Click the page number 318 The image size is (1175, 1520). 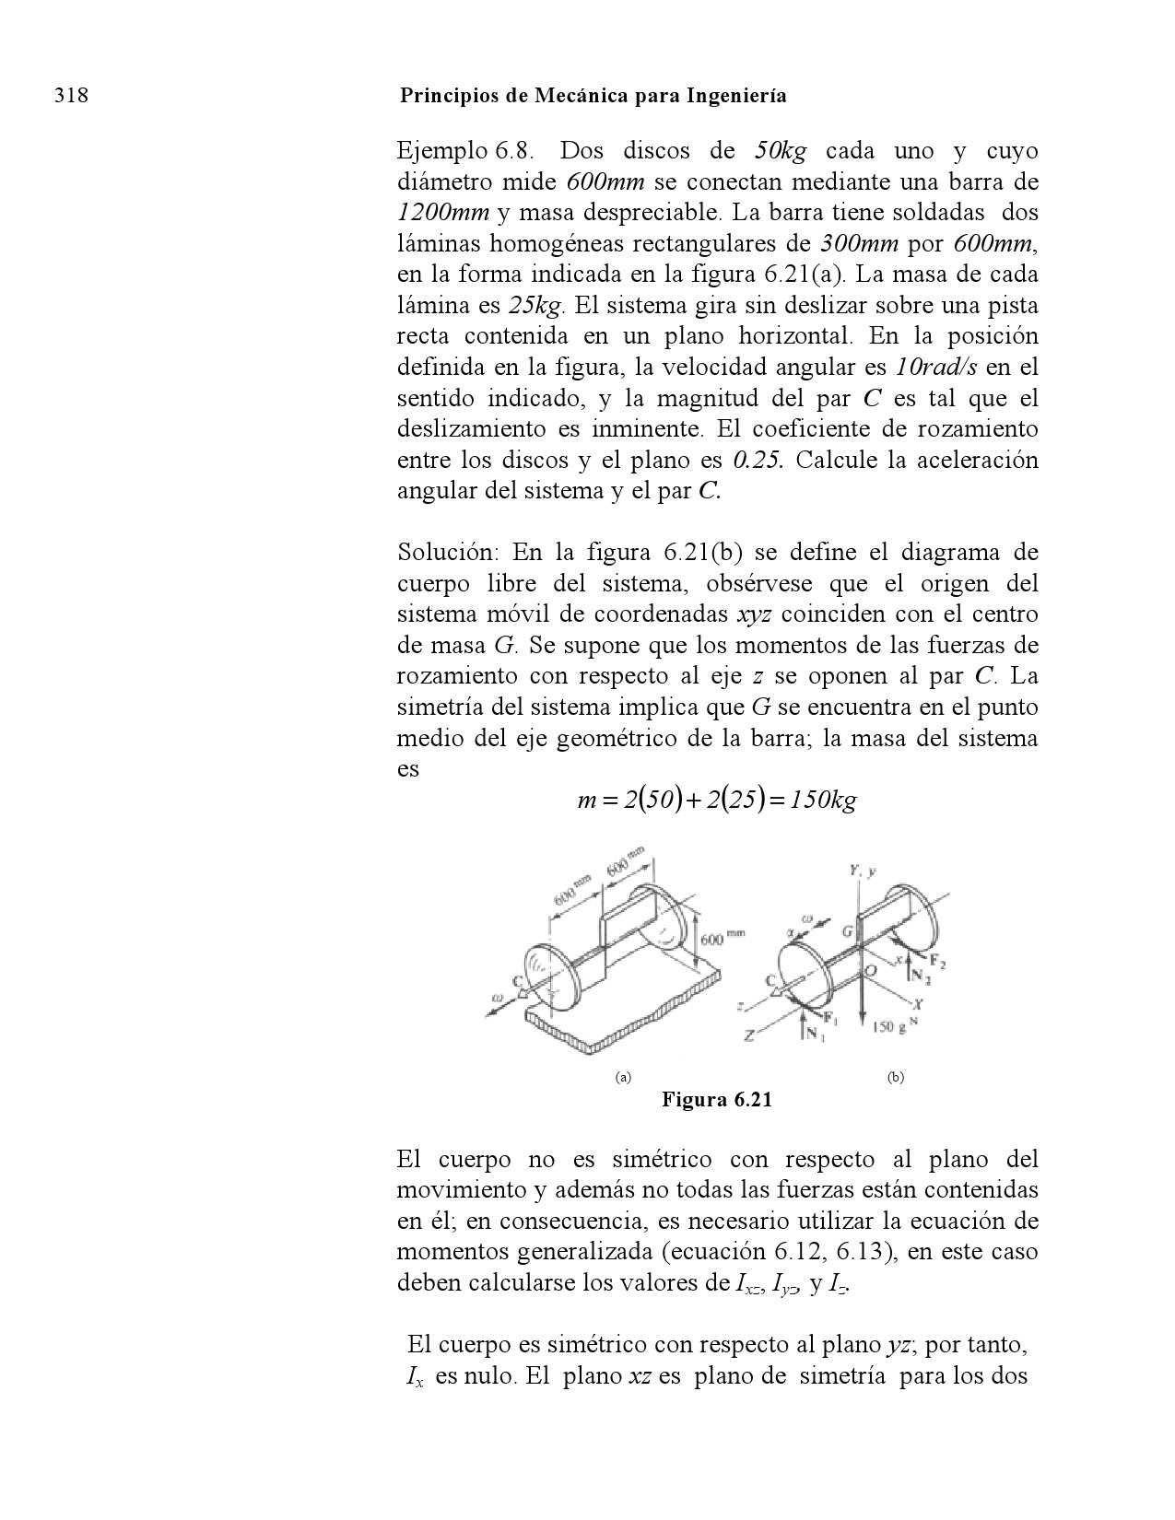click(71, 96)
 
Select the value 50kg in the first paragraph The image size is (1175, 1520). click(781, 150)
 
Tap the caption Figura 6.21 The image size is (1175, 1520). click(716, 1099)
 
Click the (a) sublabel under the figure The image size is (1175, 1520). click(623, 1077)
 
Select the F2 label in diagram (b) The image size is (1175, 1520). click(937, 963)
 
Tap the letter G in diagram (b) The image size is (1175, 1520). click(845, 932)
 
